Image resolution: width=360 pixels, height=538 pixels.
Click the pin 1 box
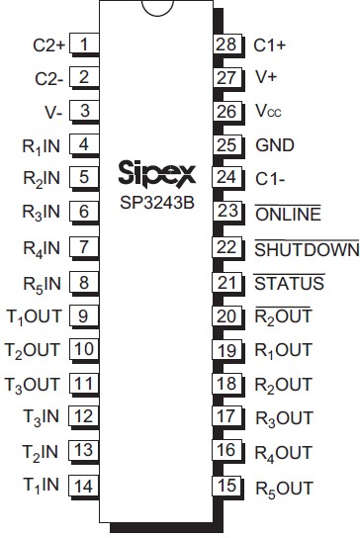pyautogui.click(x=85, y=45)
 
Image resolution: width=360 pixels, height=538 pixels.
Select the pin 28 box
pyautogui.click(x=226, y=45)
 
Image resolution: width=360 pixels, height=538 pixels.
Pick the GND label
pyautogui.click(x=275, y=145)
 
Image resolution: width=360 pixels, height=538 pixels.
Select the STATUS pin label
pyautogui.click(x=289, y=284)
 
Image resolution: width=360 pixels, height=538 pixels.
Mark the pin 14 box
pyautogui.click(x=85, y=486)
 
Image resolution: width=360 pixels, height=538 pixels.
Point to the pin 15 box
pyautogui.click(x=226, y=487)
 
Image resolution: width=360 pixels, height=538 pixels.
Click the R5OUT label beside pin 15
pyautogui.click(x=284, y=488)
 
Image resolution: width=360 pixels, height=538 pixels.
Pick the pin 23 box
pyautogui.click(x=226, y=214)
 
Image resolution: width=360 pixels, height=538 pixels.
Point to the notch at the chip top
pyautogui.click(x=156, y=9)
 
